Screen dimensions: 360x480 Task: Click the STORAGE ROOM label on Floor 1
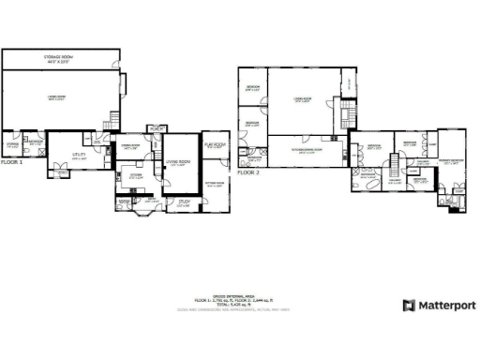point(61,58)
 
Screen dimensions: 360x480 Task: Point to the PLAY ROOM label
point(215,145)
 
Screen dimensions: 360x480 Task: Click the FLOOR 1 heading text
point(12,162)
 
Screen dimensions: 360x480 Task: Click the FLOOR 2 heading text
point(247,173)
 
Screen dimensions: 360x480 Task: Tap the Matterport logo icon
point(409,306)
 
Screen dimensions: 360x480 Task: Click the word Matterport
point(446,306)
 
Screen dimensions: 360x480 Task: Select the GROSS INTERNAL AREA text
point(240,294)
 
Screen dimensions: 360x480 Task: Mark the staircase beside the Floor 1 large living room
point(115,120)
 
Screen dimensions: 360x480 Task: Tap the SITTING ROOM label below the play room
point(215,183)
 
